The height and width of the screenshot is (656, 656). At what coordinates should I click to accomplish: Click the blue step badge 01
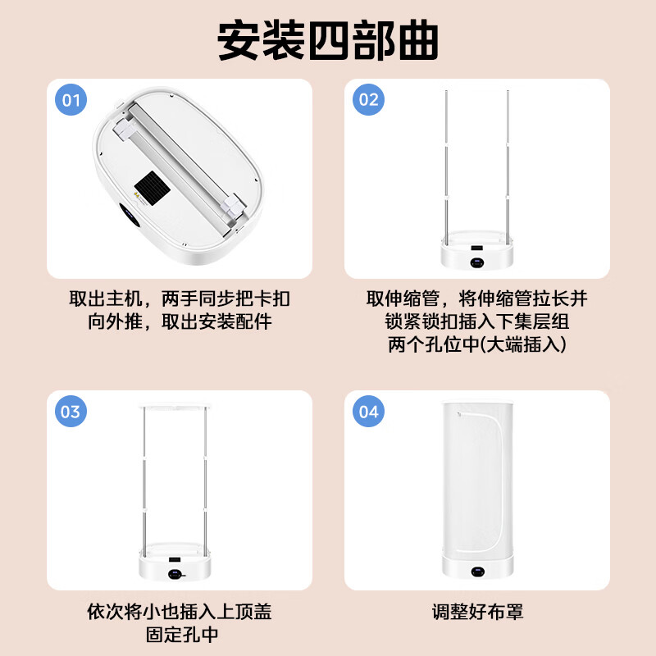[x=71, y=99]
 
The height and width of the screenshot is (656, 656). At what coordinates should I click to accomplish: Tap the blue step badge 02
[x=368, y=99]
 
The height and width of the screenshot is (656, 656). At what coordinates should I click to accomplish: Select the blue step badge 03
[x=71, y=412]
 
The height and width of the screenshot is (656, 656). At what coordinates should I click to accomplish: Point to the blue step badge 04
[x=368, y=412]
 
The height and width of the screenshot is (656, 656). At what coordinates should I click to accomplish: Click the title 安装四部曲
[x=328, y=40]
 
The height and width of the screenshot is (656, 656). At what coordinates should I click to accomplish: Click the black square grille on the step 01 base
[x=152, y=189]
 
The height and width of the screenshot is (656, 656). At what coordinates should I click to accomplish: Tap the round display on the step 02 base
[x=477, y=262]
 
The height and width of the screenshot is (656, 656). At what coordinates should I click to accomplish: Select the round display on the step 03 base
[x=175, y=574]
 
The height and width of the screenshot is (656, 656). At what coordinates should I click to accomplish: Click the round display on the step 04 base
[x=477, y=572]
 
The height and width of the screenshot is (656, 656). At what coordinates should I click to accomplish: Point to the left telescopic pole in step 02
[x=446, y=167]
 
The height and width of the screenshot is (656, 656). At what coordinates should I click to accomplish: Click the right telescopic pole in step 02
[x=508, y=167]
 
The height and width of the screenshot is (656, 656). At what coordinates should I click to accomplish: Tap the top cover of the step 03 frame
[x=175, y=405]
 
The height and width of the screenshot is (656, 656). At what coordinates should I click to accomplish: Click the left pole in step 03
[x=144, y=482]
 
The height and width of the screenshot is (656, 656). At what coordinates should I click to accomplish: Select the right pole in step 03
[x=206, y=482]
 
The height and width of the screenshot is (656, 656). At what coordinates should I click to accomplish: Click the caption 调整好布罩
[x=477, y=612]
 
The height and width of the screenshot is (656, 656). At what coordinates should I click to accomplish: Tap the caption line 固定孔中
[x=182, y=634]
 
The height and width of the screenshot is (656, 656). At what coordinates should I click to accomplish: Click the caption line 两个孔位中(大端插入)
[x=477, y=344]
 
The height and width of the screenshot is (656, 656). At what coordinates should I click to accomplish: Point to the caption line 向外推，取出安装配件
[x=180, y=321]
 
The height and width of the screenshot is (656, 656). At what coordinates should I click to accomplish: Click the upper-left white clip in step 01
[x=124, y=127]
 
